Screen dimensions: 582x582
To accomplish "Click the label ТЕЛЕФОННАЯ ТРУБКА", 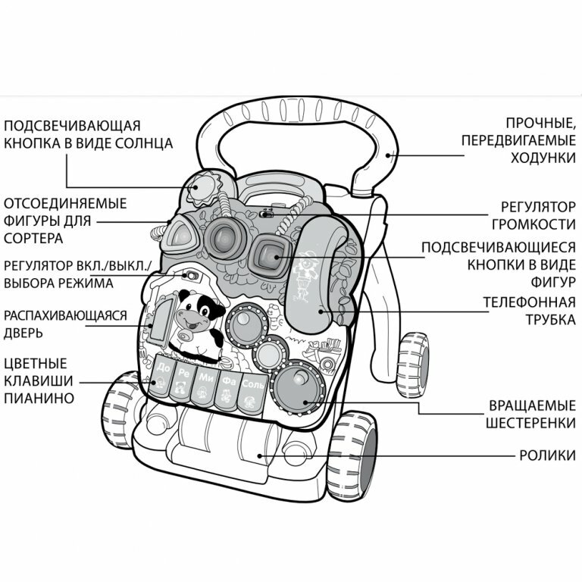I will (529, 311).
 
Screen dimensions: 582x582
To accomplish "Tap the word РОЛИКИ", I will (546, 455).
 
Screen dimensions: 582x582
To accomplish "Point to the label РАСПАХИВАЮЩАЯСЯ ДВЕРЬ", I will (64, 324).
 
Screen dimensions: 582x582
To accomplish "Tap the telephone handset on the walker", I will (318, 273).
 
